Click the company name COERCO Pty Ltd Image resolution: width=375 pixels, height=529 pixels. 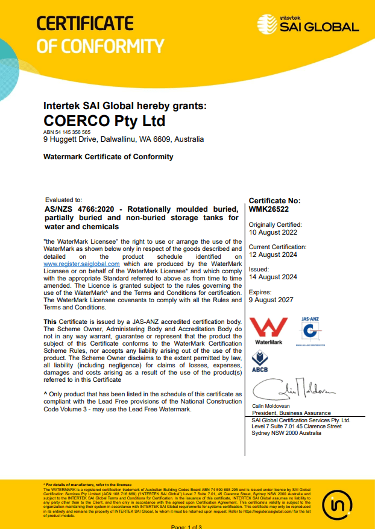(x=104, y=121)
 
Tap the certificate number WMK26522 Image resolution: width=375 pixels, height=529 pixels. (x=269, y=209)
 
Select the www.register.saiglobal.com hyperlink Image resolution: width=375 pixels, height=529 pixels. (x=82, y=264)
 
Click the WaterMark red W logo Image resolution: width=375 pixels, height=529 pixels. (x=268, y=329)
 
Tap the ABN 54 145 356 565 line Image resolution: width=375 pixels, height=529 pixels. (x=67, y=131)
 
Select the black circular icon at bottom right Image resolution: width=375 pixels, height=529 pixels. (x=338, y=504)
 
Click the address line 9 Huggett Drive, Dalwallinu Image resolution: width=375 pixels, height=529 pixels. (x=124, y=139)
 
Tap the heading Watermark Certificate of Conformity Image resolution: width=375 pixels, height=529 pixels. (x=109, y=157)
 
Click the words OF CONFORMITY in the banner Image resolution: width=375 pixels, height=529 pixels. (x=100, y=46)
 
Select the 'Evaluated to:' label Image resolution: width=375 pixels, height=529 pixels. (x=63, y=200)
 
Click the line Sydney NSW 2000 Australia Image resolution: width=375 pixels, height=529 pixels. (x=286, y=433)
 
